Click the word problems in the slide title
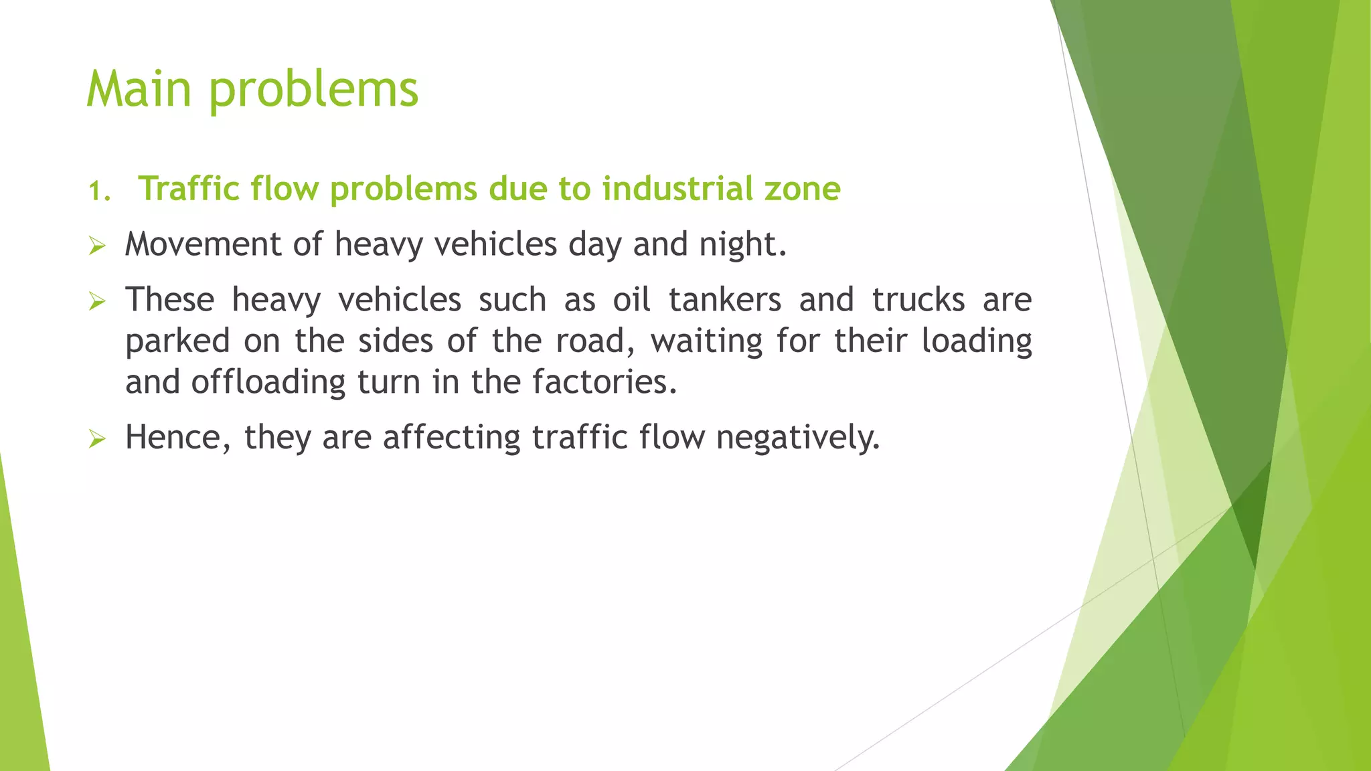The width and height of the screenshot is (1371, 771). tap(313, 90)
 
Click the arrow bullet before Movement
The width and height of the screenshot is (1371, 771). tap(97, 247)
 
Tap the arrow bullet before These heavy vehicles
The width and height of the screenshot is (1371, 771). tap(97, 302)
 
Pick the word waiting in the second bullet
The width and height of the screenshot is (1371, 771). tap(706, 342)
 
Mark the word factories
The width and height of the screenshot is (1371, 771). tap(604, 383)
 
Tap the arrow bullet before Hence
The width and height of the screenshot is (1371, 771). tap(97, 440)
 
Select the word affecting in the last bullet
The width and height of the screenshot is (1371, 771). tap(451, 438)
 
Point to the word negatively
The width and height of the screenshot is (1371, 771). tap(797, 438)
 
